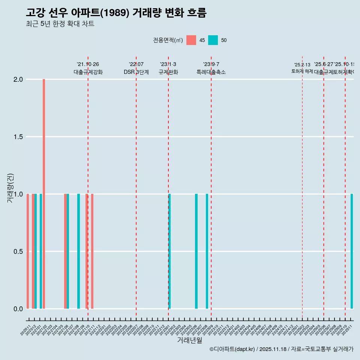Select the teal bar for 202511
click(x=352, y=251)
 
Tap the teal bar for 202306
click(x=196, y=251)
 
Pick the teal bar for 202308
click(x=207, y=251)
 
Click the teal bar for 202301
click(x=169, y=251)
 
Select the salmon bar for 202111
click(x=92, y=251)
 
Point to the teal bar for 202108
click(x=78, y=251)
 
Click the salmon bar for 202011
click(x=28, y=251)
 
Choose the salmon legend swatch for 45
click(x=191, y=40)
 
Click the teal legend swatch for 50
click(x=213, y=40)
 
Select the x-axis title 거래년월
click(x=189, y=340)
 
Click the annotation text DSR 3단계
click(x=136, y=72)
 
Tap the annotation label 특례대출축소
click(x=211, y=72)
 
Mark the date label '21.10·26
click(x=88, y=64)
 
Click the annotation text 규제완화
click(x=168, y=72)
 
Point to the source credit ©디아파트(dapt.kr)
click(x=232, y=349)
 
